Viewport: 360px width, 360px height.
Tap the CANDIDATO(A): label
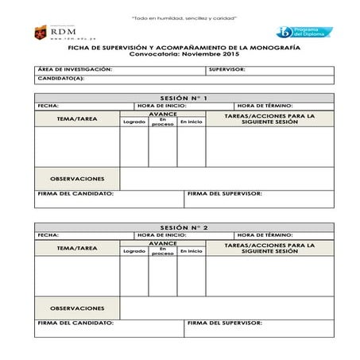(61, 79)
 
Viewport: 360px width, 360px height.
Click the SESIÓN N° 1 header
(184, 97)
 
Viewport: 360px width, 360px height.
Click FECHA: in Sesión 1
(48, 106)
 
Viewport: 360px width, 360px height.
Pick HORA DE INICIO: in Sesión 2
(162, 235)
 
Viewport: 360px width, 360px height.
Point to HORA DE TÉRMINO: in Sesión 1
(265, 106)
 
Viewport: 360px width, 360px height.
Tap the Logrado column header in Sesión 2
(134, 251)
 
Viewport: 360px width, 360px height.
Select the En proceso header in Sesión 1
(162, 121)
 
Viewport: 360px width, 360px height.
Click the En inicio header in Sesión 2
(191, 251)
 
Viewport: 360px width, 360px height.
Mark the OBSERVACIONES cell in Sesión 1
(77, 178)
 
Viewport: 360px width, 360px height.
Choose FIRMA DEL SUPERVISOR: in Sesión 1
(225, 193)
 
